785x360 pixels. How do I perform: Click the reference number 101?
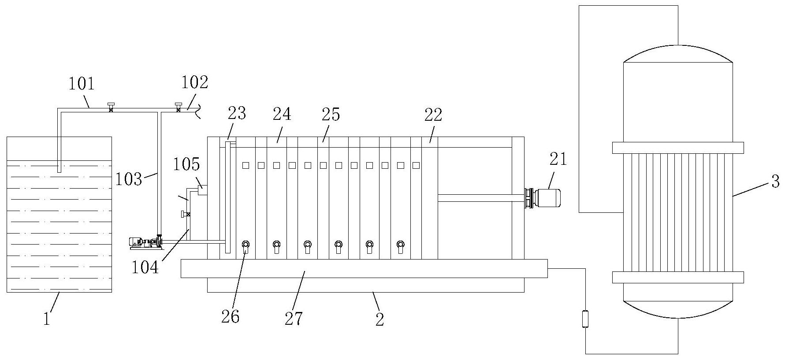click(x=82, y=84)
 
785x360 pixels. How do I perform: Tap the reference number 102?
click(x=194, y=82)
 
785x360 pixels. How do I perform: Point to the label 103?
click(x=129, y=179)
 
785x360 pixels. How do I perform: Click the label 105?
click(x=186, y=164)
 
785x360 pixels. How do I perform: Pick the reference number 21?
click(x=558, y=159)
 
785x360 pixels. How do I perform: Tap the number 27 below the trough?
click(x=294, y=319)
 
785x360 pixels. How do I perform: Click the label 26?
click(x=230, y=316)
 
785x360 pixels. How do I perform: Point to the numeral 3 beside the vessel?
click(x=775, y=181)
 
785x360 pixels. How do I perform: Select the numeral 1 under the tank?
click(x=47, y=319)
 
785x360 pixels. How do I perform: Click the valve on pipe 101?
click(x=111, y=107)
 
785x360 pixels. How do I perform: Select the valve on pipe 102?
click(x=178, y=107)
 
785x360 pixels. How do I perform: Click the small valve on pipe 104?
click(x=186, y=215)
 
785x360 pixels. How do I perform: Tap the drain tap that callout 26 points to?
click(x=246, y=246)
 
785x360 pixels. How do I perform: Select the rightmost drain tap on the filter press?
click(x=400, y=246)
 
